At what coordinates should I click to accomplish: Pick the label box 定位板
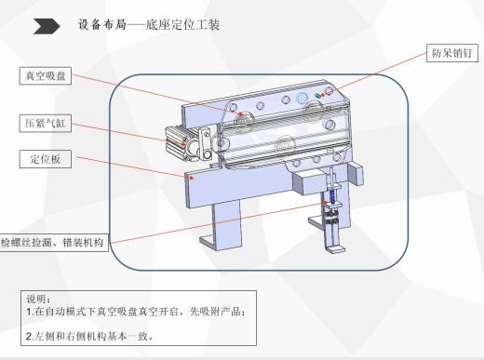(44, 159)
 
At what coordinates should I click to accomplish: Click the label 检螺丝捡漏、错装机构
(54, 242)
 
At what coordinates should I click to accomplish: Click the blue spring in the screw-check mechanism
(327, 198)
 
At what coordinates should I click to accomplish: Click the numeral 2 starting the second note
(29, 335)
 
